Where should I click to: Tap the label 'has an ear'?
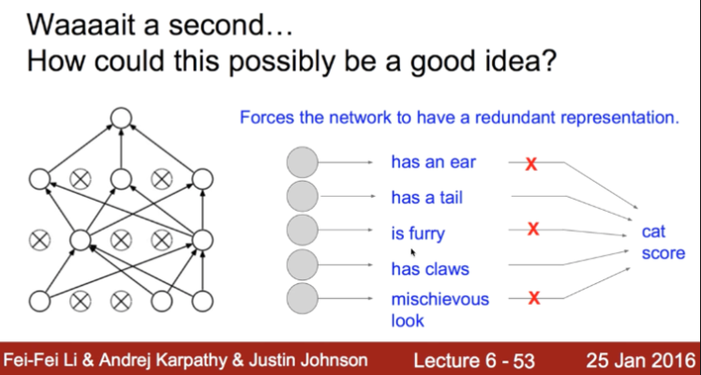click(433, 162)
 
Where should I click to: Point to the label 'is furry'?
click(418, 233)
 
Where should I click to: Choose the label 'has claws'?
click(430, 269)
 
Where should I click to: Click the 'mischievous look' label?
click(440, 309)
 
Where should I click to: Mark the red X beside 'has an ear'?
click(530, 164)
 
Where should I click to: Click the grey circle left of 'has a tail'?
click(301, 196)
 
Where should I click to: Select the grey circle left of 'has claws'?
click(301, 265)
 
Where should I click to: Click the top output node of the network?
click(120, 118)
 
